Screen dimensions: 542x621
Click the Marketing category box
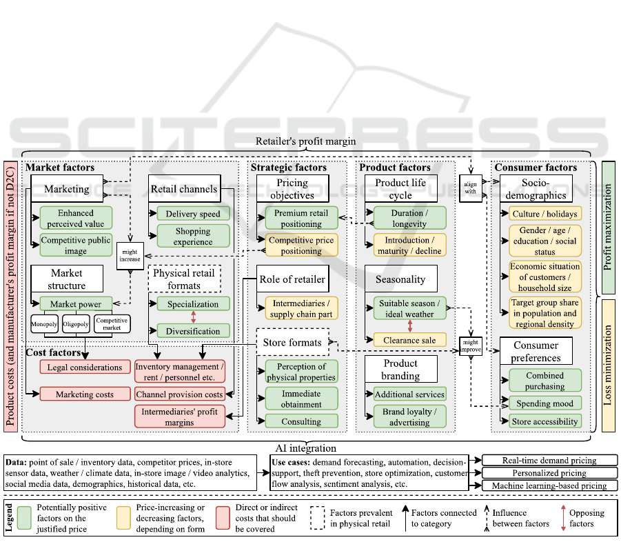click(67, 188)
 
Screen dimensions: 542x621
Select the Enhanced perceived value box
click(76, 219)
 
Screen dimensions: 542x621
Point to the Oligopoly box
click(75, 323)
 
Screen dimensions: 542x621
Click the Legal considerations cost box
click(85, 368)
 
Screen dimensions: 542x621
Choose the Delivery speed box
click(193, 214)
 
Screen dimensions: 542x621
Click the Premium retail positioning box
click(301, 219)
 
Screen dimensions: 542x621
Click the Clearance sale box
click(410, 340)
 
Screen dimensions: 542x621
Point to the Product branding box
click(400, 370)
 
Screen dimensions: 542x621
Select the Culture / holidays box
click(544, 214)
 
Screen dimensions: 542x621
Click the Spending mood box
click(544, 403)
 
